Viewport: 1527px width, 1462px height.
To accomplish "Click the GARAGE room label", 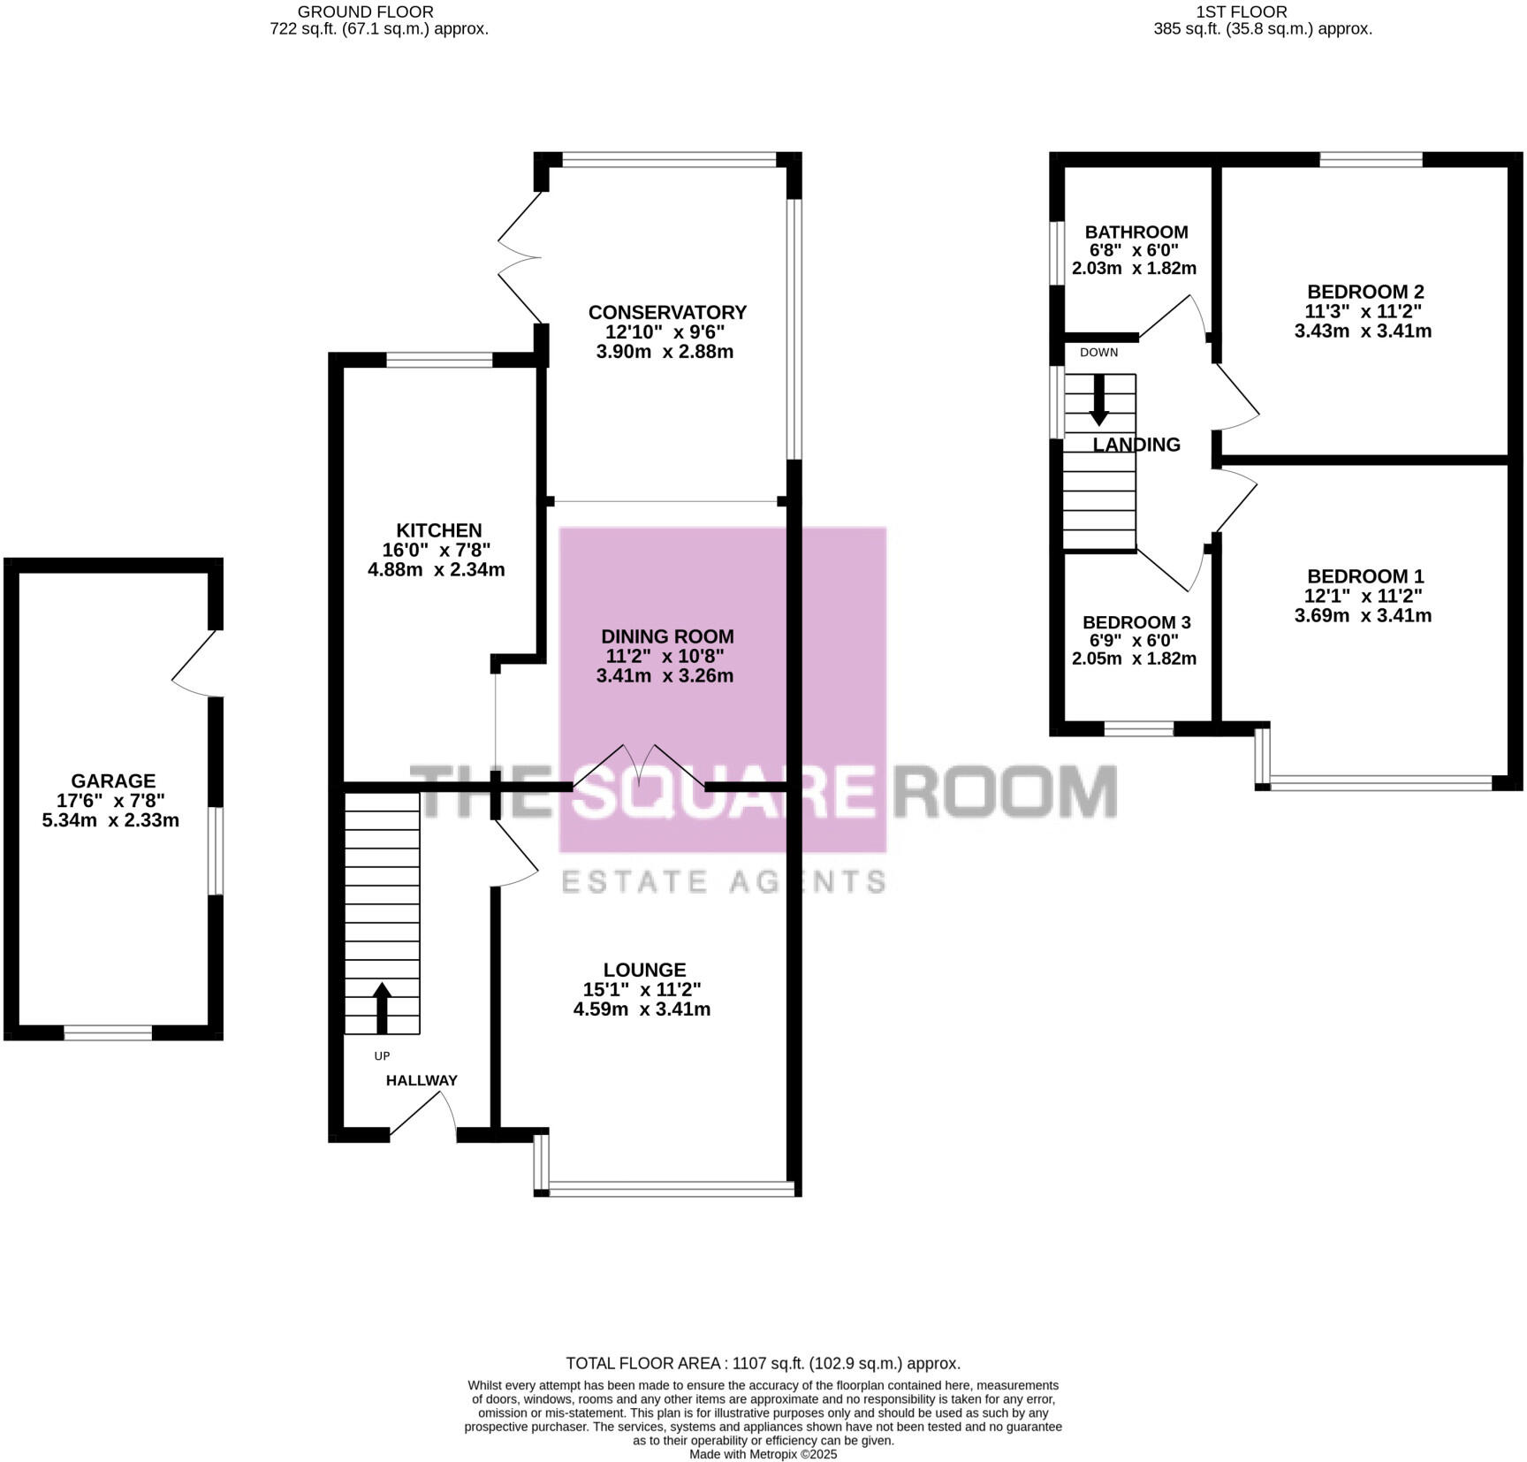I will (113, 780).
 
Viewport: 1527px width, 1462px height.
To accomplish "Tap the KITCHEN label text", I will (438, 530).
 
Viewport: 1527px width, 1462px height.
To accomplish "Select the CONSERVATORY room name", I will (667, 312).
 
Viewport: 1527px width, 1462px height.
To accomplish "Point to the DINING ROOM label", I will (667, 636).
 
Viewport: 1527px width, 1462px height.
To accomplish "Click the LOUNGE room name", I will (644, 970).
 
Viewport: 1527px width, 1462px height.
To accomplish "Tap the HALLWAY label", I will (422, 1080).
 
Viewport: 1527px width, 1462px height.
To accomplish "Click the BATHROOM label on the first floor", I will (1136, 232).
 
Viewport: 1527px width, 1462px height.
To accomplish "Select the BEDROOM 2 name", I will (1365, 292).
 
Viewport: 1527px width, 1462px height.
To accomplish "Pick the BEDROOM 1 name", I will (1365, 576).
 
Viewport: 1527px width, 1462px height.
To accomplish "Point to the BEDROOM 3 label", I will (1136, 622).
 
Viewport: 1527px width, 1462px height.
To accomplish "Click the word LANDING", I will (1136, 445).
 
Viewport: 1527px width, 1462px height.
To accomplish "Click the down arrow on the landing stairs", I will (1098, 400).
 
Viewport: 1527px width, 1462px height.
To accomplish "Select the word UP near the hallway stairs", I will (382, 1055).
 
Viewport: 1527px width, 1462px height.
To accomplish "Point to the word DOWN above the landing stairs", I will (1098, 353).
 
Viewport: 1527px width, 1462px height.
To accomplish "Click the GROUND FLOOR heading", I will (365, 12).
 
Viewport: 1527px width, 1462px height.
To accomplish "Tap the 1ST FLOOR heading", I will (1241, 12).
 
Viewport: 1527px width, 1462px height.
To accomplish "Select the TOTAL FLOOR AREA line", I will (763, 1363).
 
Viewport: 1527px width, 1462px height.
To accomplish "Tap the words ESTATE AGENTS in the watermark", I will (724, 881).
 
